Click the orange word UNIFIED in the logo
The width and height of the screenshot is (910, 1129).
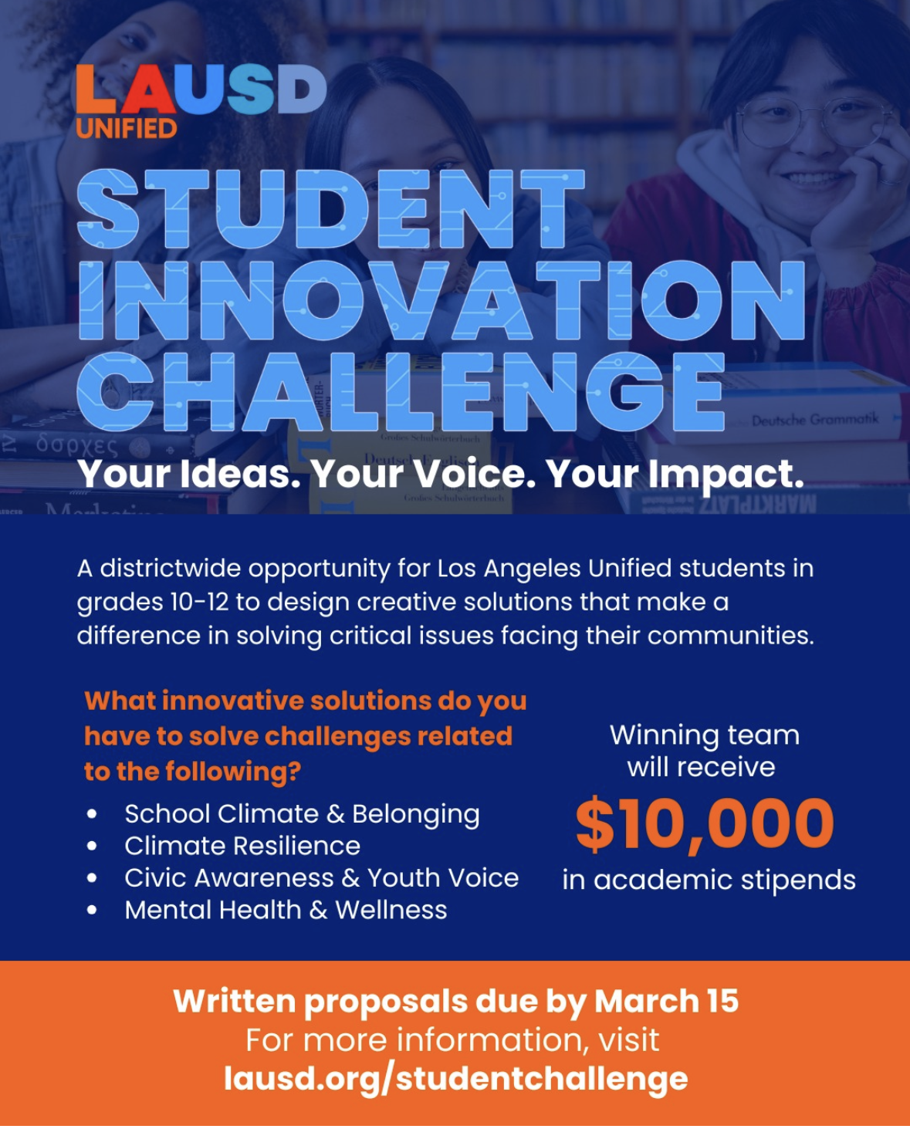[x=127, y=128]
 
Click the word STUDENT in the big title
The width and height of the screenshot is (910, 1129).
[x=330, y=208]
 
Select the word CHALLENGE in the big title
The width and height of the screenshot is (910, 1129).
[x=401, y=390]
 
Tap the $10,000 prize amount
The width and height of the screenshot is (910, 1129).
[x=705, y=823]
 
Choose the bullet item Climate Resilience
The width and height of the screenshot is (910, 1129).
[x=242, y=846]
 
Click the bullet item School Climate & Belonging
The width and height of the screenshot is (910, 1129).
[x=303, y=815]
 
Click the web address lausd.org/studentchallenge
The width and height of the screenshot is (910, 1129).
[x=455, y=1079]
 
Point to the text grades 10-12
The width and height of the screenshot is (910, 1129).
[x=153, y=602]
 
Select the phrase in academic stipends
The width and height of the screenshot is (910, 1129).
[x=709, y=880]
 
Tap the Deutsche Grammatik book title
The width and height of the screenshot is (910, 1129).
[x=816, y=420]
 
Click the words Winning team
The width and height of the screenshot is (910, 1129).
[x=705, y=735]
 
